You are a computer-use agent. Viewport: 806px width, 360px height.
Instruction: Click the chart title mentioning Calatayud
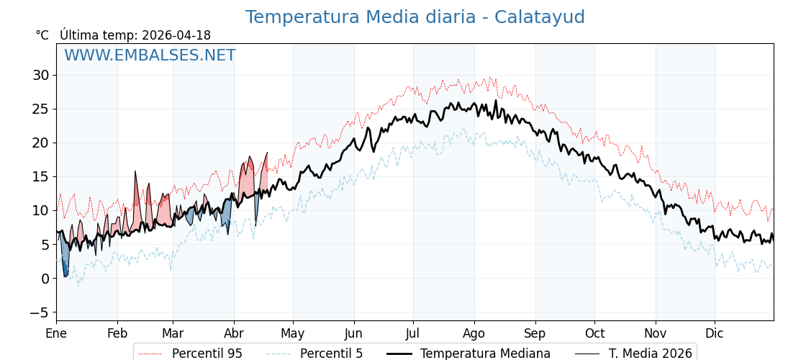click(415, 17)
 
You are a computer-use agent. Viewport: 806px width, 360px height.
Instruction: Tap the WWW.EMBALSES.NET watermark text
click(150, 55)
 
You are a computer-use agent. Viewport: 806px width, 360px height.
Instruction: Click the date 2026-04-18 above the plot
click(176, 35)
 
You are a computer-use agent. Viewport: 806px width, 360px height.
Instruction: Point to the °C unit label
click(42, 35)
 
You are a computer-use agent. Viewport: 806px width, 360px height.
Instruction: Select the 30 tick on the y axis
click(40, 75)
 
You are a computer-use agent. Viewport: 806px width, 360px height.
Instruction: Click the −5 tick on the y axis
click(39, 312)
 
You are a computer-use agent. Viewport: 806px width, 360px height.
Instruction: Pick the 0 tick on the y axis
click(45, 279)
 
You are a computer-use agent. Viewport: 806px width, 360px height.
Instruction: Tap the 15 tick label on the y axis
click(40, 176)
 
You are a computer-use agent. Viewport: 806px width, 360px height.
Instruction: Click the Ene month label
click(56, 333)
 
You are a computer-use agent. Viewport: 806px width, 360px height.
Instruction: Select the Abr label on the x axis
click(234, 333)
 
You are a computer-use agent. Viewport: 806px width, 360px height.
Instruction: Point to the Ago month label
click(474, 333)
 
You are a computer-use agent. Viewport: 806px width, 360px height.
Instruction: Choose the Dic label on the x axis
click(715, 333)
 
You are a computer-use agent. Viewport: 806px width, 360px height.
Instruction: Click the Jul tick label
click(413, 333)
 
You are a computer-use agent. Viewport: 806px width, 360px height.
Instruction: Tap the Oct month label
click(594, 333)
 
